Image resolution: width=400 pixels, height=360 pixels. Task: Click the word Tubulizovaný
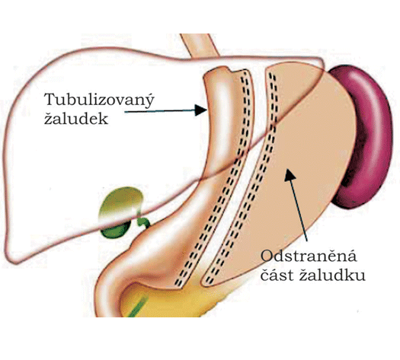pyautogui.click(x=99, y=100)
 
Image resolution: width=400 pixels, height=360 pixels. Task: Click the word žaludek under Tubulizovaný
pyautogui.click(x=76, y=119)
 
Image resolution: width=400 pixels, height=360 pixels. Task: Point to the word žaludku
pyautogui.click(x=332, y=275)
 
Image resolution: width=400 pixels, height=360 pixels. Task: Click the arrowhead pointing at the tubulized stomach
pyautogui.click(x=201, y=110)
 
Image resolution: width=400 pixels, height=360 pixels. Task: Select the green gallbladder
pyautogui.click(x=119, y=212)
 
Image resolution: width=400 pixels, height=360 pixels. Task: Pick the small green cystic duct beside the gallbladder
pyautogui.click(x=143, y=222)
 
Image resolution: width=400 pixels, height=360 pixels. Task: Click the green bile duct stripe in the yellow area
pyautogui.click(x=138, y=306)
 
